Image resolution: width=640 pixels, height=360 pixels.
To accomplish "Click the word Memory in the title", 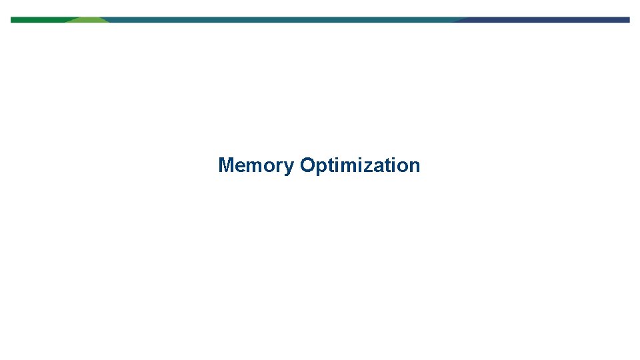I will (255, 165).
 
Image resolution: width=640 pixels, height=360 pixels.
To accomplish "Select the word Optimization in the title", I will (360, 165).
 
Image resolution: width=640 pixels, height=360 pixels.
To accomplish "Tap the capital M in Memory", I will (226, 165).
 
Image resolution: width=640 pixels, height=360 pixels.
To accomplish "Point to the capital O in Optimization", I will (307, 165).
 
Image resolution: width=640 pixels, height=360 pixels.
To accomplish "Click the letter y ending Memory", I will (289, 167).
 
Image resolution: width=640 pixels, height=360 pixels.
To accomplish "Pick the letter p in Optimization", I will (320, 167).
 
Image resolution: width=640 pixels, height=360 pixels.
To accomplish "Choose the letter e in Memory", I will (239, 166).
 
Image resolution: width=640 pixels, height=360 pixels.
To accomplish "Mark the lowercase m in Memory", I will (253, 166).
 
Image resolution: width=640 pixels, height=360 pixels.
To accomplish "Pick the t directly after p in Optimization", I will (329, 165).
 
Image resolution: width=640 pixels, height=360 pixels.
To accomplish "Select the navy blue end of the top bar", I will (547, 20).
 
